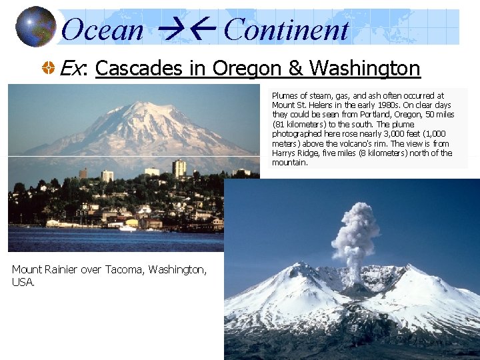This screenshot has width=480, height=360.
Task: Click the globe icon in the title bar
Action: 35,27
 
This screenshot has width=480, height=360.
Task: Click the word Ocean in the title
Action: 102,30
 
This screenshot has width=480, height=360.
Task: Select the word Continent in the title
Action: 286,30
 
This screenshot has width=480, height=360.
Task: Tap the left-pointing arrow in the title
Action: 203,30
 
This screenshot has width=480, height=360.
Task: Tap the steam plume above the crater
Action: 355,230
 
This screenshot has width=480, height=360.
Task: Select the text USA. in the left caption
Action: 23,282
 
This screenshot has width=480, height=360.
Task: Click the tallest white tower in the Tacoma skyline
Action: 179,169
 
